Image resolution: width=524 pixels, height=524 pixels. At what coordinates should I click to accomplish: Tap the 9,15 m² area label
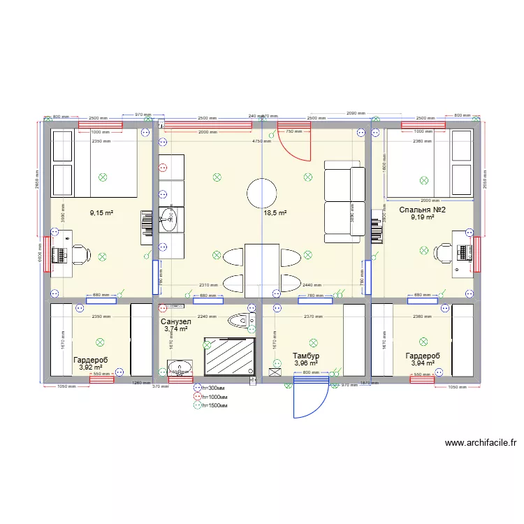click(x=101, y=213)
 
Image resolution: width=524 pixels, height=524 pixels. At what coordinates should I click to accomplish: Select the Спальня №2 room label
click(x=422, y=210)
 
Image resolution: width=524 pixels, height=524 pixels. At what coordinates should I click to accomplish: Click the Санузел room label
click(x=176, y=321)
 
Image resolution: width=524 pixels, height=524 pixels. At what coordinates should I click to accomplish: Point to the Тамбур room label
click(x=306, y=356)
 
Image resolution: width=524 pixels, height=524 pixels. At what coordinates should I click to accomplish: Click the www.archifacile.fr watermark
click(x=480, y=443)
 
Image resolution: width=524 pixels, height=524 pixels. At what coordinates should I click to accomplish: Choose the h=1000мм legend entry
click(x=215, y=396)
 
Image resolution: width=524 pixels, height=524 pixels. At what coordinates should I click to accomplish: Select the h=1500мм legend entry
click(x=215, y=405)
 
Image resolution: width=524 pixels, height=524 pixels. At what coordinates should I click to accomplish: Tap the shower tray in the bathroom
click(x=228, y=358)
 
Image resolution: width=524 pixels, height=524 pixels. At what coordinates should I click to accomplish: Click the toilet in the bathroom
click(x=242, y=321)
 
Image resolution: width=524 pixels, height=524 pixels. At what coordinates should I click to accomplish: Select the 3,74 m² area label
click(x=176, y=329)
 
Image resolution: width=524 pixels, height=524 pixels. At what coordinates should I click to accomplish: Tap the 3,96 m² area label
click(x=306, y=363)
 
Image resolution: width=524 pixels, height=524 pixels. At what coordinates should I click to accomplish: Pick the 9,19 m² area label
click(x=422, y=217)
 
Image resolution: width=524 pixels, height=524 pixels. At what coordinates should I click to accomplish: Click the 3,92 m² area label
click(x=90, y=367)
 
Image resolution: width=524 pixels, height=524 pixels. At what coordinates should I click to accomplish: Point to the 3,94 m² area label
click(x=423, y=363)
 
